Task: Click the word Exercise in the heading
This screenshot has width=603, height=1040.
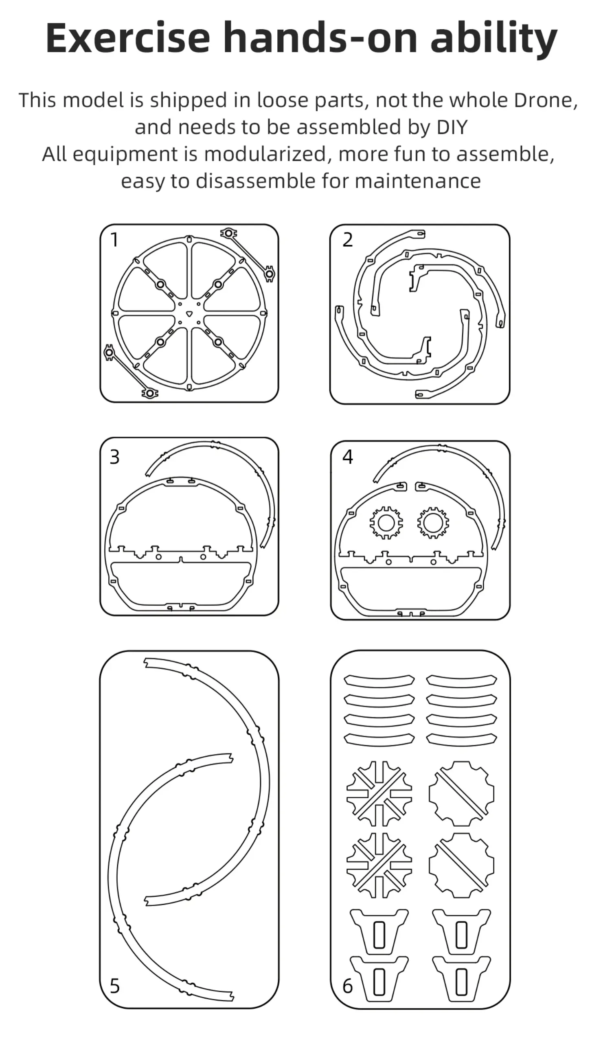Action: tap(128, 38)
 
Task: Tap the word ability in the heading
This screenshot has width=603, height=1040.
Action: tap(493, 39)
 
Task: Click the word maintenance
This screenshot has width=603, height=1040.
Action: tap(418, 181)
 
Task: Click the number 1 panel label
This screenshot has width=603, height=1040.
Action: tap(115, 240)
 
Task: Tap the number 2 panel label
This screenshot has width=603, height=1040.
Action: tap(348, 240)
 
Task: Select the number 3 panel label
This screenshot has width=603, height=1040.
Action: tap(115, 457)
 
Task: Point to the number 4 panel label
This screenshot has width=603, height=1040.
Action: tap(348, 457)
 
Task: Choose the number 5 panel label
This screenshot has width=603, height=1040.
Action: tap(115, 986)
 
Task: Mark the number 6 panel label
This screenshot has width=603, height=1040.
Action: tap(348, 986)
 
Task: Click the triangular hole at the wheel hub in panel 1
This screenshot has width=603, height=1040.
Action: tap(189, 314)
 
